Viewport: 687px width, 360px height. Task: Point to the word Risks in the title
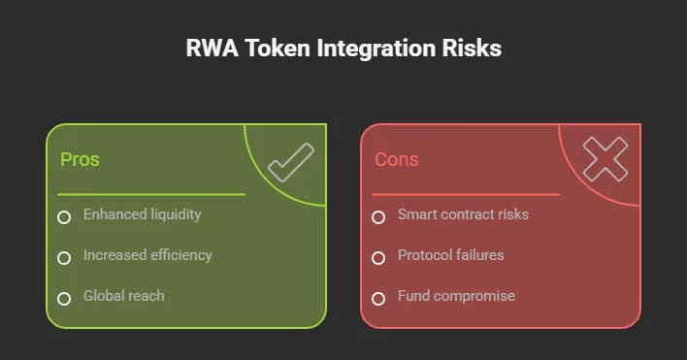473,49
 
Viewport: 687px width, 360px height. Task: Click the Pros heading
80,159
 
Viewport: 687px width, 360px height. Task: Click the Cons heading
396,159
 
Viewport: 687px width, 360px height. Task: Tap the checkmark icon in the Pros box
290,162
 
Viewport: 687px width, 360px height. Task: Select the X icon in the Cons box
605,159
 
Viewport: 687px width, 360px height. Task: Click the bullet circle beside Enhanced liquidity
64,216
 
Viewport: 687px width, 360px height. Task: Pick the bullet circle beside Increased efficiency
64,257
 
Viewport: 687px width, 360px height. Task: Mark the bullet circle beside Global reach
64,298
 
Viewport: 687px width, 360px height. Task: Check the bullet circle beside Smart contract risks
378,216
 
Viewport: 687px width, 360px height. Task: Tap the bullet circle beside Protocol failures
378,257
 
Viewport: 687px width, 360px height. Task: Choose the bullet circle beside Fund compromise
378,298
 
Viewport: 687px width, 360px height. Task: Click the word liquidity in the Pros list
173,214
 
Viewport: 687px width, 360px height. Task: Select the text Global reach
123,296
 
